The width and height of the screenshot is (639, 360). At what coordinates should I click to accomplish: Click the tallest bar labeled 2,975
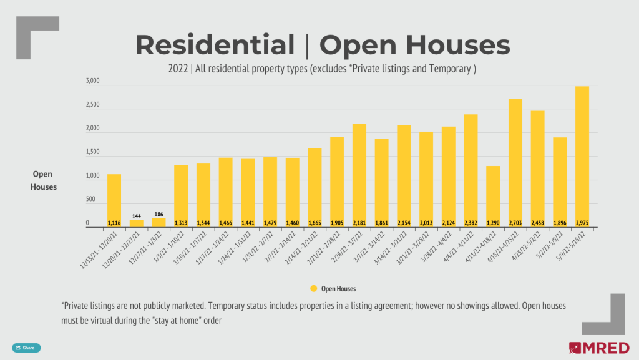[582, 156]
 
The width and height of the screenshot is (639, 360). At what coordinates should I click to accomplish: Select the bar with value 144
[136, 223]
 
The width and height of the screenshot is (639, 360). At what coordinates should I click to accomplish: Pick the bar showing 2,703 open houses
[515, 162]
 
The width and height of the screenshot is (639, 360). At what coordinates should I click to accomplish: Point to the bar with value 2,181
[359, 175]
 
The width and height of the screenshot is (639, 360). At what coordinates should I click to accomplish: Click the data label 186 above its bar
[159, 213]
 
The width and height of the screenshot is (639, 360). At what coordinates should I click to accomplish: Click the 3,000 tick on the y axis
[92, 82]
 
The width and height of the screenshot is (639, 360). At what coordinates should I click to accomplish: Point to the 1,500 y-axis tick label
[92, 152]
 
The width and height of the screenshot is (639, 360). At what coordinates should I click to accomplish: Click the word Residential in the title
[215, 45]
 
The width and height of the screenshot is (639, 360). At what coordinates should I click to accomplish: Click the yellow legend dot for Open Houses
[314, 289]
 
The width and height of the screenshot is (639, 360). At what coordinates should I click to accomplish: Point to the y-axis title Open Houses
[44, 180]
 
